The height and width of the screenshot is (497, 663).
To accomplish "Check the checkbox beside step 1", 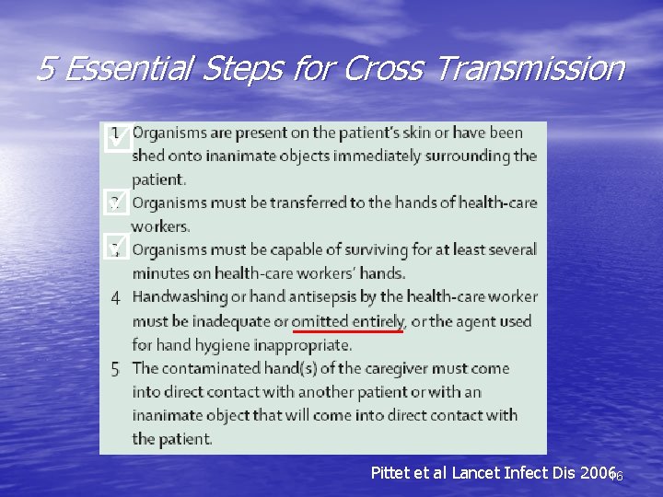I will coord(117,140).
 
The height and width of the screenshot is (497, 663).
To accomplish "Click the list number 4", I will coord(115,297).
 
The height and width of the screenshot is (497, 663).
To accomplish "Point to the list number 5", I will coord(115,369).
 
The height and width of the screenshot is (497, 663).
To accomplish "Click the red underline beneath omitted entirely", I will coord(348,330).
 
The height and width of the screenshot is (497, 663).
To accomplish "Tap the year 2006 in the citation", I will coord(599,473).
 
